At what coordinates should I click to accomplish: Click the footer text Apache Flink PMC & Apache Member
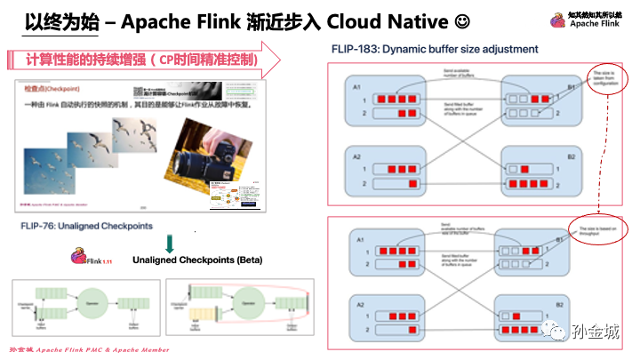(x=100, y=350)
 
